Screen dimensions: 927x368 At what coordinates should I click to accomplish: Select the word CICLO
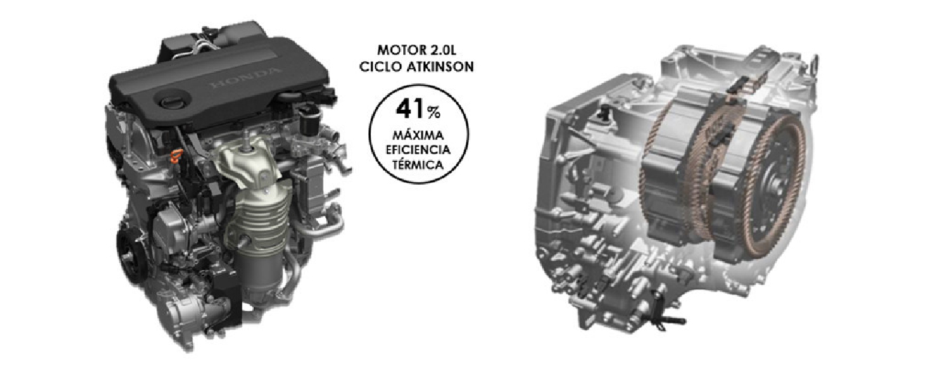pos(379,67)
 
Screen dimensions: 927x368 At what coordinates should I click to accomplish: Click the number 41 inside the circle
pos(410,109)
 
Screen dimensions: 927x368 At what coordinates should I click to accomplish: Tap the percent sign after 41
pos(434,112)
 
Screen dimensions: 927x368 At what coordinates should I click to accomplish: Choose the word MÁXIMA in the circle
pos(418,135)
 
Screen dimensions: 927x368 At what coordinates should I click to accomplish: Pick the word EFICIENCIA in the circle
pos(418,150)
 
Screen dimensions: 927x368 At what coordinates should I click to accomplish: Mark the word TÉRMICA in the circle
pos(418,165)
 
